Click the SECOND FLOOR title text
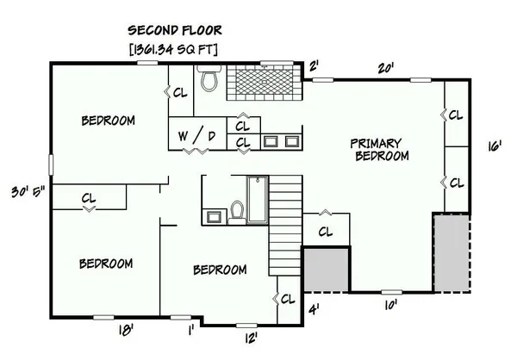pos(175,30)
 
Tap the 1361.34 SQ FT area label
pos(174,49)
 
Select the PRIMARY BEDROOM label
pos(380,150)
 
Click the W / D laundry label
pos(196,135)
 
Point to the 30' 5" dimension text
pos(28,191)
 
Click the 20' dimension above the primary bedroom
pos(386,69)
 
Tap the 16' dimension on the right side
pos(495,146)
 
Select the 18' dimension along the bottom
pos(126,330)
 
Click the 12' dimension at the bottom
pos(251,338)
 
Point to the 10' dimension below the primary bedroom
pos(390,305)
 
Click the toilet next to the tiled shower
pos(209,78)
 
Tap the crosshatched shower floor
pos(265,81)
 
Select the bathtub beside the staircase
pos(258,200)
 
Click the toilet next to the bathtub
pos(237,213)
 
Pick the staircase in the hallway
pos(285,226)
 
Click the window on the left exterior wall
pos(51,164)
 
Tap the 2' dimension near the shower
pos(314,66)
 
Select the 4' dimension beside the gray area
pos(314,310)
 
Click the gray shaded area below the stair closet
pos(326,270)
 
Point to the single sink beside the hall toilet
pos(215,217)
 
